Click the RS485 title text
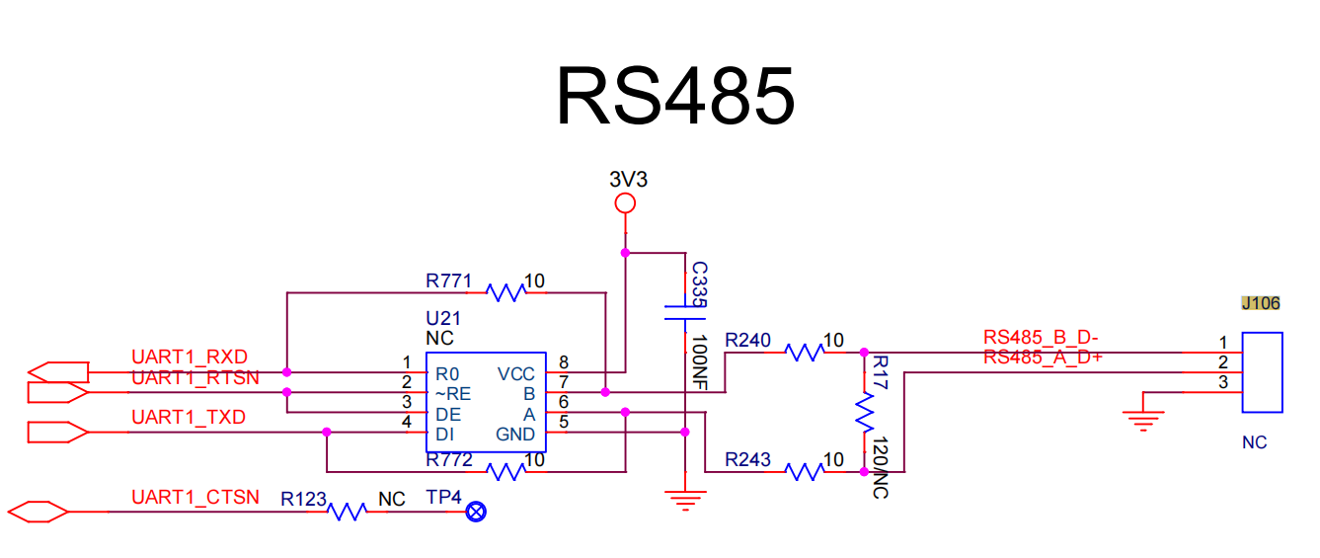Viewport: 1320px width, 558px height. (x=675, y=96)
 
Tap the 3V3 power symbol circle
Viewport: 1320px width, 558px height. (x=625, y=203)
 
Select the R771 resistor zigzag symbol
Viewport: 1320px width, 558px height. (x=505, y=292)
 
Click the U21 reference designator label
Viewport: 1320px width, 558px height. (x=443, y=318)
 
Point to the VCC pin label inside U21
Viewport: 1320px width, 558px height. (x=515, y=374)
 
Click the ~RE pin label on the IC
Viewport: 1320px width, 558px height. (x=452, y=394)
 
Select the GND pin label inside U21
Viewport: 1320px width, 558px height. (x=515, y=435)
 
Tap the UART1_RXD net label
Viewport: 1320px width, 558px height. (x=190, y=357)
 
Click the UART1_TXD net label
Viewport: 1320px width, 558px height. (x=189, y=417)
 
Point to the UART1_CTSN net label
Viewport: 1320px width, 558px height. (x=195, y=498)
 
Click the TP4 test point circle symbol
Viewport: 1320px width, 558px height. (x=476, y=512)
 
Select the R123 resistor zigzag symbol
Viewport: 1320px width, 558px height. (x=348, y=512)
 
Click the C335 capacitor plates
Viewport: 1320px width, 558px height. (x=685, y=313)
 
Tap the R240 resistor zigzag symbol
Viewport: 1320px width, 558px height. (x=805, y=353)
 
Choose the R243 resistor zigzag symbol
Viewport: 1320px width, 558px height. (x=805, y=471)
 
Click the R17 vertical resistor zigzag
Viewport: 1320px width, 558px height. (x=865, y=413)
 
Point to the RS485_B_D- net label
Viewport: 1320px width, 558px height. (x=1041, y=338)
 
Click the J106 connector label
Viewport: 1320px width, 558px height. (x=1261, y=303)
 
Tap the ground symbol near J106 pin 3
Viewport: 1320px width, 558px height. (x=1143, y=421)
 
